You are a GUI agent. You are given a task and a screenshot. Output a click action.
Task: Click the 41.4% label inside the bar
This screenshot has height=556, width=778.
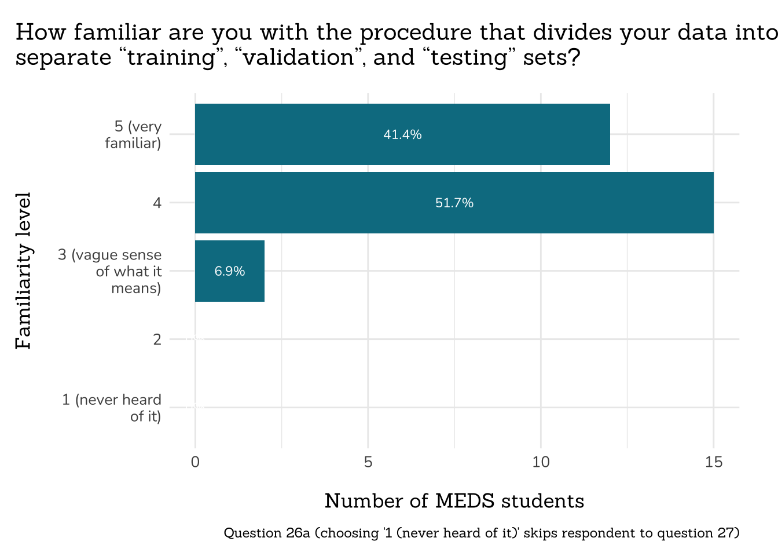point(402,135)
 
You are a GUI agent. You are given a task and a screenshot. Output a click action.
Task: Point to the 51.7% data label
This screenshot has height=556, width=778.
point(454,203)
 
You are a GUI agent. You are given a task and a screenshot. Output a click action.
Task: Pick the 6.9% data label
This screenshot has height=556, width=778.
point(230,271)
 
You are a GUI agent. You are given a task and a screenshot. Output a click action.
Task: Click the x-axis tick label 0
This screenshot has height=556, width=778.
point(195,462)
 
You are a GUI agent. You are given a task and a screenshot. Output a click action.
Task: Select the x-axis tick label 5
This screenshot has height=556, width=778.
point(368,462)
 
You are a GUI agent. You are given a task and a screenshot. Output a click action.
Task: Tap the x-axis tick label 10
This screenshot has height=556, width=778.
point(541,462)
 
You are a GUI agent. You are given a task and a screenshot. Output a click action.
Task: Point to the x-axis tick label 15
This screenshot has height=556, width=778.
point(714,462)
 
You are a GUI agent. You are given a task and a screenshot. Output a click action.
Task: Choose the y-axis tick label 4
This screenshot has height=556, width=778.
point(157,203)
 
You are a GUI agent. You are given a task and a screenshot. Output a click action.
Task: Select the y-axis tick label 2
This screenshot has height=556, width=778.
point(157,339)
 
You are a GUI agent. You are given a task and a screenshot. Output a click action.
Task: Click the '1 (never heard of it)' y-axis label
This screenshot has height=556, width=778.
point(112,408)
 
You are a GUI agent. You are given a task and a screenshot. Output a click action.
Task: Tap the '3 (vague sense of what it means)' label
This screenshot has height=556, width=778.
point(110,271)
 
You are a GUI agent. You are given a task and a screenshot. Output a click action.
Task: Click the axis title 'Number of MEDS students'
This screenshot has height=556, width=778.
point(454,501)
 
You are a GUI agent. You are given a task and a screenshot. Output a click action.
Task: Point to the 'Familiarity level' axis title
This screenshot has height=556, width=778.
point(23,271)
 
